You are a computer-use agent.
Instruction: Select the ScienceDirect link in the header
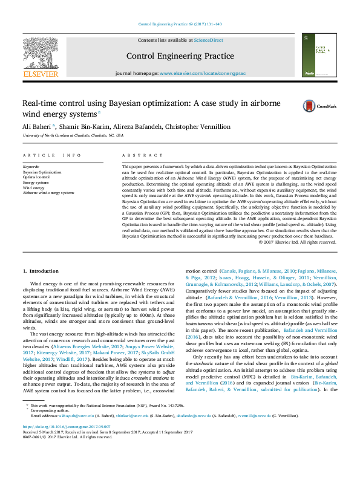point(208,40)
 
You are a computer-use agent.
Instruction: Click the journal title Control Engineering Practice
point(180,56)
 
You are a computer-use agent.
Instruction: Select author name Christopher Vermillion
point(197,126)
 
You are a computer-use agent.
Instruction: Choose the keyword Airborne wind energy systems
point(48,193)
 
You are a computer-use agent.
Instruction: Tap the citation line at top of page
point(180,24)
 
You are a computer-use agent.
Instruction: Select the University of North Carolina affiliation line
point(73,136)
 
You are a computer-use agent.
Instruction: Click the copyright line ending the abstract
point(296,242)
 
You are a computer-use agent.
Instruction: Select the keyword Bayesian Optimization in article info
point(42,172)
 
